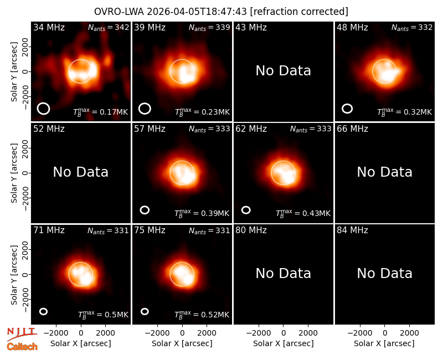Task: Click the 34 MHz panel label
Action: (x=49, y=27)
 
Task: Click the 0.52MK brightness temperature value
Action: (x=215, y=315)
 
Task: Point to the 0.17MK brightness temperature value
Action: (x=114, y=112)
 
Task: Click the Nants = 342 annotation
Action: (x=109, y=27)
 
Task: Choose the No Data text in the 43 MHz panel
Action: (x=284, y=71)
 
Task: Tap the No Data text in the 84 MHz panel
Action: (x=384, y=273)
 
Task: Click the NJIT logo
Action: (x=22, y=333)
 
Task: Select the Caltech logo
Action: (x=22, y=347)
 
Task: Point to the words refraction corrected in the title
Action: (x=299, y=12)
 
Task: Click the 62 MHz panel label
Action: (x=251, y=129)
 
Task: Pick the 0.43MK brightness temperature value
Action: (x=316, y=213)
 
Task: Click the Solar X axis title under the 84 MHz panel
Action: (x=384, y=343)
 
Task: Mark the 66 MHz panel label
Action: (x=352, y=129)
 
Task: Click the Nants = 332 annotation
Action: (x=412, y=27)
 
